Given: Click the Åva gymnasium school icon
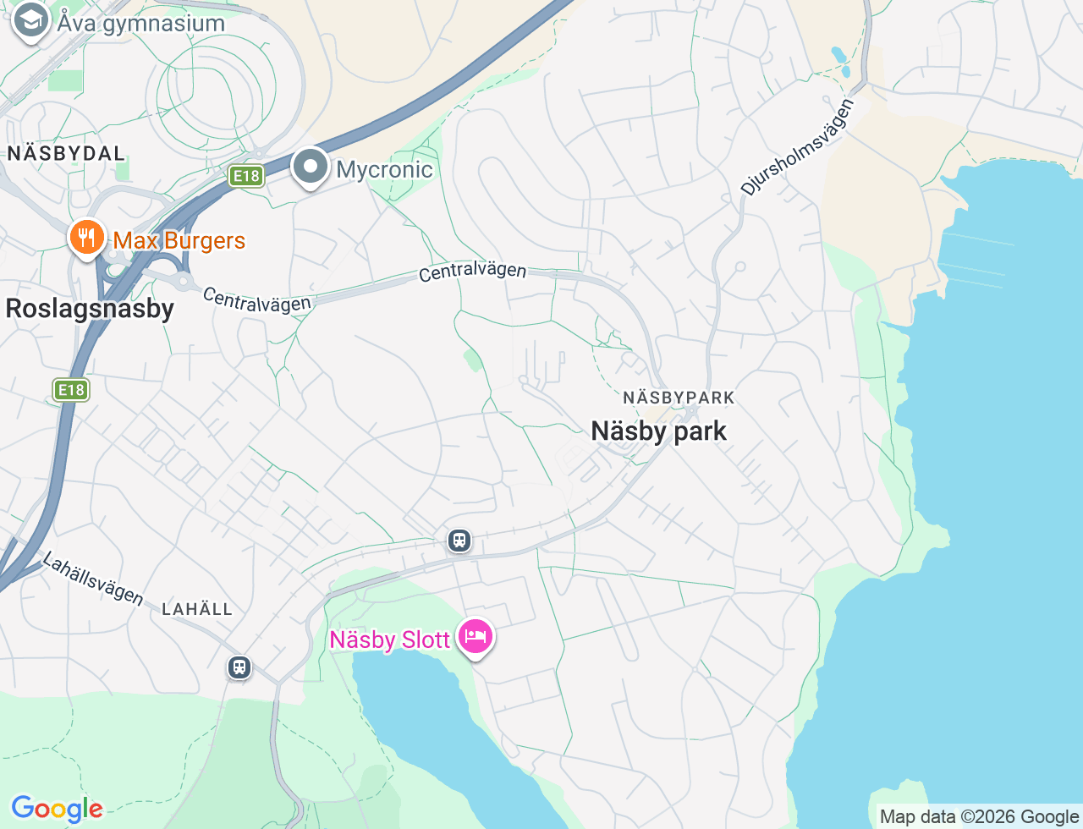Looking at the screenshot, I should pyautogui.click(x=31, y=22).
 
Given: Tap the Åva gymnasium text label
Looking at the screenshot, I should pyautogui.click(x=141, y=23).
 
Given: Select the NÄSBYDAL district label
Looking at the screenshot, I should pyautogui.click(x=66, y=153).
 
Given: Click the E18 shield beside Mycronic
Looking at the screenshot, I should pyautogui.click(x=246, y=176).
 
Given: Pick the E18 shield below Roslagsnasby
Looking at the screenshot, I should pyautogui.click(x=71, y=390).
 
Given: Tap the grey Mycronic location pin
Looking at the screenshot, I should pyautogui.click(x=311, y=167).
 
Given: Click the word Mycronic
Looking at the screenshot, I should pyautogui.click(x=384, y=170).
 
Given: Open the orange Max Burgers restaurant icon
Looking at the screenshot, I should pyautogui.click(x=86, y=238).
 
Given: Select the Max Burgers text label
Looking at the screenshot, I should pyautogui.click(x=179, y=241).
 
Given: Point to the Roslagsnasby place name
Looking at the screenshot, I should pyautogui.click(x=90, y=309).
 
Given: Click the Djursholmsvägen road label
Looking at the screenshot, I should pyautogui.click(x=797, y=147).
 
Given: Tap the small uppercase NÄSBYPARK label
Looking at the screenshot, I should pyautogui.click(x=679, y=398).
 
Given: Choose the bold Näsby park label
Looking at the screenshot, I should pyautogui.click(x=658, y=431).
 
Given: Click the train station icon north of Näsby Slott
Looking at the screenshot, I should pyautogui.click(x=459, y=540).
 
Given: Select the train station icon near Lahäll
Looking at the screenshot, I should pyautogui.click(x=239, y=667).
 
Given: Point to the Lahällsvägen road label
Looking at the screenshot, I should pyautogui.click(x=92, y=579).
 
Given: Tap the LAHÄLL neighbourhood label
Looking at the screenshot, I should pyautogui.click(x=196, y=609).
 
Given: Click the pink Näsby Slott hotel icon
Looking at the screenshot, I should pyautogui.click(x=476, y=637).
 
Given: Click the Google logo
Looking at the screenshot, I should pyautogui.click(x=57, y=809).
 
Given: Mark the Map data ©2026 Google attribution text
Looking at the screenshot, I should pyautogui.click(x=979, y=816).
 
